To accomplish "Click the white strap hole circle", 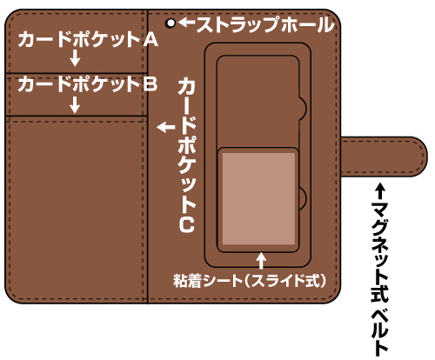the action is click(x=171, y=23).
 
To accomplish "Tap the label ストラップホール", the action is click(x=265, y=24).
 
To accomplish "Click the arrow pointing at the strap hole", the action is click(x=186, y=23).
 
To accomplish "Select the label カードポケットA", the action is click(x=88, y=39).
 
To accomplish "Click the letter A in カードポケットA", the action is click(x=150, y=39).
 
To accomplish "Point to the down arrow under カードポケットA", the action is click(x=75, y=57).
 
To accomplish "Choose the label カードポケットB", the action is click(x=88, y=84).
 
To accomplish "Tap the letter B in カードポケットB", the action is click(x=151, y=84).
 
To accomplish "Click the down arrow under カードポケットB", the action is click(x=75, y=104).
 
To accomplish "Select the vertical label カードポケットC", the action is click(x=187, y=155).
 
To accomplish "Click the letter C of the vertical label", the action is click(x=187, y=225).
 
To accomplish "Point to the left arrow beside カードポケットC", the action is click(x=166, y=127).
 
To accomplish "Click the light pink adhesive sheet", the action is click(x=258, y=199).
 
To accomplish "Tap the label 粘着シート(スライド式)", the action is click(x=250, y=281).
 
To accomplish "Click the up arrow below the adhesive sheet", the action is click(x=262, y=261).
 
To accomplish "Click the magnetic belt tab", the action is click(x=384, y=157).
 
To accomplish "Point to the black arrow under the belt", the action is click(x=380, y=190).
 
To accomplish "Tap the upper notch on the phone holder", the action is click(x=303, y=108).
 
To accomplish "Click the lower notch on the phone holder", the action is click(x=303, y=197).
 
